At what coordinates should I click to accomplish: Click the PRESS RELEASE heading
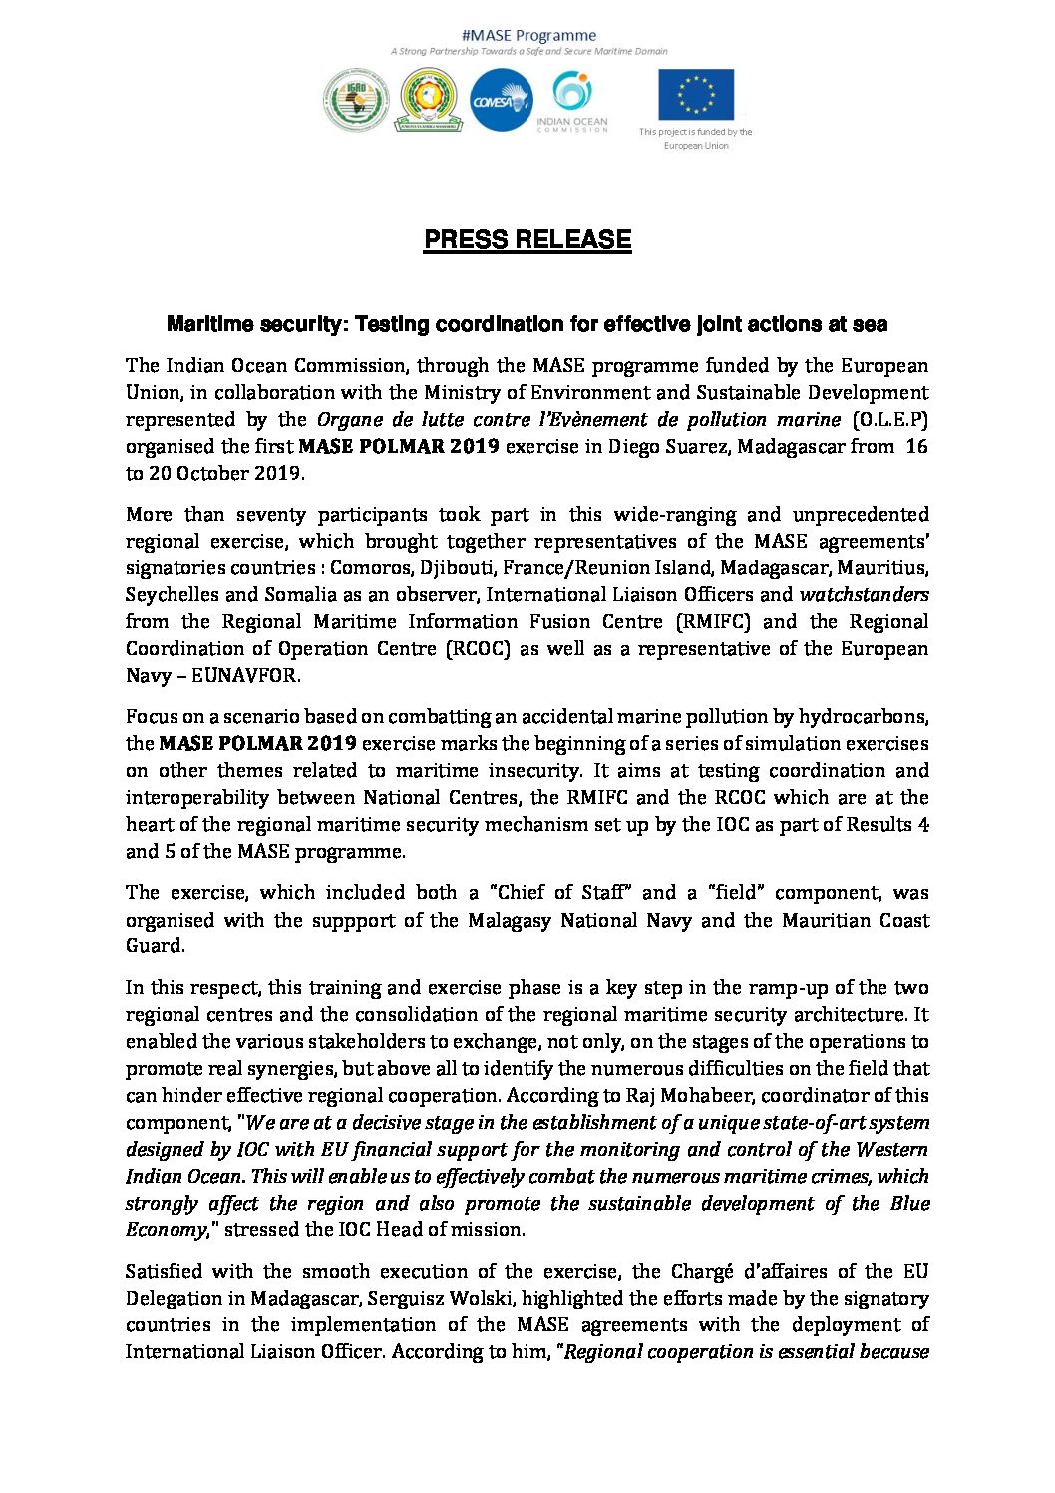click(527, 240)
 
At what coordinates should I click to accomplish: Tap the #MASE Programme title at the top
click(528, 35)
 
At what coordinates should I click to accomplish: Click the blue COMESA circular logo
click(501, 100)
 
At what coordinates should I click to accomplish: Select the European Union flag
click(695, 95)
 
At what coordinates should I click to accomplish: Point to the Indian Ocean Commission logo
click(571, 101)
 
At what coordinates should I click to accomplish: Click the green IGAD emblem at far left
click(356, 99)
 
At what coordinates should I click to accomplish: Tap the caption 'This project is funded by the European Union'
click(696, 138)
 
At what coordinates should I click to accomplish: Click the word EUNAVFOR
click(244, 676)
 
